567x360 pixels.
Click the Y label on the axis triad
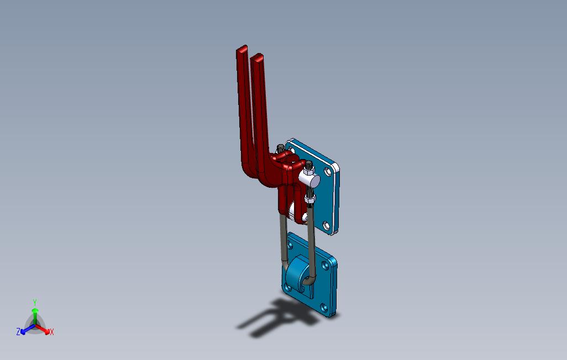click(x=34, y=302)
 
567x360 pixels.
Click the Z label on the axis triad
click(x=18, y=332)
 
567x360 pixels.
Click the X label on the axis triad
click(x=51, y=332)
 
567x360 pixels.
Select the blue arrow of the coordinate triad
click(x=25, y=330)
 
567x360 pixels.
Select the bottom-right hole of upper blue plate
click(x=326, y=225)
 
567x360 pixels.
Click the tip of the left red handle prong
click(x=242, y=50)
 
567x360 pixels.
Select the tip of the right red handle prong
click(x=258, y=56)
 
